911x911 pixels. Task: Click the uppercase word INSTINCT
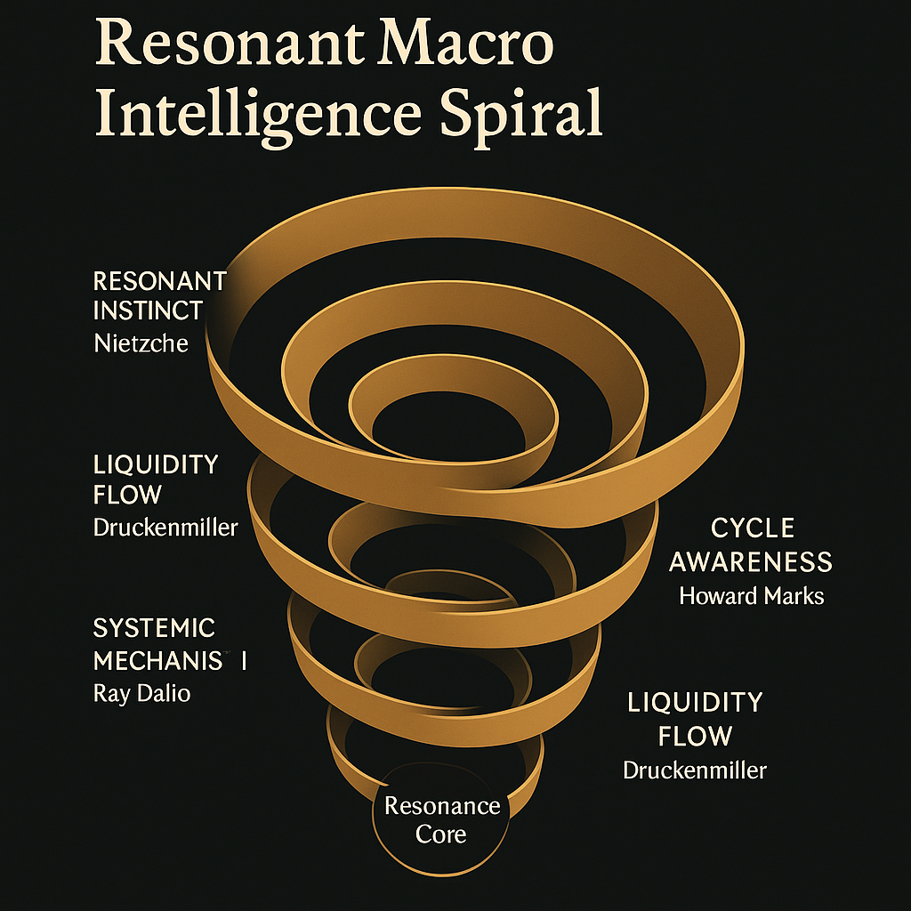[x=148, y=311]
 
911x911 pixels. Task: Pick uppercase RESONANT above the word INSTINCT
[x=159, y=282]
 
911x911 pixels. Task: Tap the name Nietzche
[x=141, y=343]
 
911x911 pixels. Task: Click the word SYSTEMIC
[x=154, y=628]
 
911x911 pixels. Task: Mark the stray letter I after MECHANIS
[x=245, y=662]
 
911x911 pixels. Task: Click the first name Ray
[x=112, y=693]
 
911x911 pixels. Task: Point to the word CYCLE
[x=752, y=528]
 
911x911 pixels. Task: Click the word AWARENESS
[x=751, y=562]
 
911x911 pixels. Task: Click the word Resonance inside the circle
[x=442, y=806]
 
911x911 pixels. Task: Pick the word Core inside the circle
[x=441, y=834]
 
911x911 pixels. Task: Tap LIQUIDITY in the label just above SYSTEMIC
[x=156, y=464]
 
